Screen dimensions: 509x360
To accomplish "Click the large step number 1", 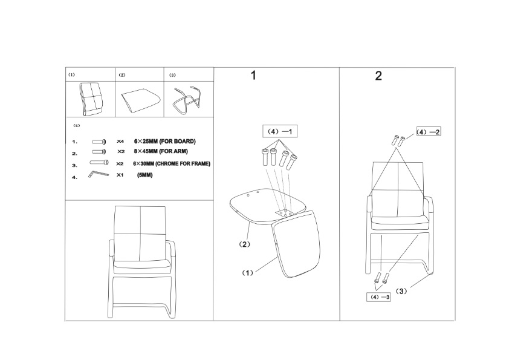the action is pos(253,76).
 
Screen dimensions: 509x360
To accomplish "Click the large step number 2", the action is pos(378,76).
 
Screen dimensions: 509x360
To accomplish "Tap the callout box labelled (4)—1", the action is pos(279,131).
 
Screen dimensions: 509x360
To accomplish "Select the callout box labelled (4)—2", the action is pos(429,132).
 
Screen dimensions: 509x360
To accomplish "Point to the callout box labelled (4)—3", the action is pos(378,297).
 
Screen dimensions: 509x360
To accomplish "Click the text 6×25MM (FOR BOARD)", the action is pos(165,142).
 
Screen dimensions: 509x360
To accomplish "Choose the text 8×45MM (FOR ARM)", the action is pos(161,151).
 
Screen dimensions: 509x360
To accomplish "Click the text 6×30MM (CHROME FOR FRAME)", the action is pos(172,163).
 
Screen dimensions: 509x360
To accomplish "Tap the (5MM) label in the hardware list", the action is pos(144,175).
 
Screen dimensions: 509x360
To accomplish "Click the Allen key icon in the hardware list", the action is pos(98,174).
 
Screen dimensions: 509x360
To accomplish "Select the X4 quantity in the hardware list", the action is pos(120,142).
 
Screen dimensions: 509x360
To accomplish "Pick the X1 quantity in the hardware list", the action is pos(120,175).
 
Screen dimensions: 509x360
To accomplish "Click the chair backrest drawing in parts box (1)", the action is pos(91,99).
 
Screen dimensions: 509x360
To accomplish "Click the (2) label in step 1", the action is pos(245,244).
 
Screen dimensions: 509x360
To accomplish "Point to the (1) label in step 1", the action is pos(248,273).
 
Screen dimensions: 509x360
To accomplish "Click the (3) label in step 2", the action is pos(401,291).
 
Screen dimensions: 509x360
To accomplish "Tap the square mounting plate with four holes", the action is pos(284,212).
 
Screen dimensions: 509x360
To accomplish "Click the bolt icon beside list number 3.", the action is pos(99,163).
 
